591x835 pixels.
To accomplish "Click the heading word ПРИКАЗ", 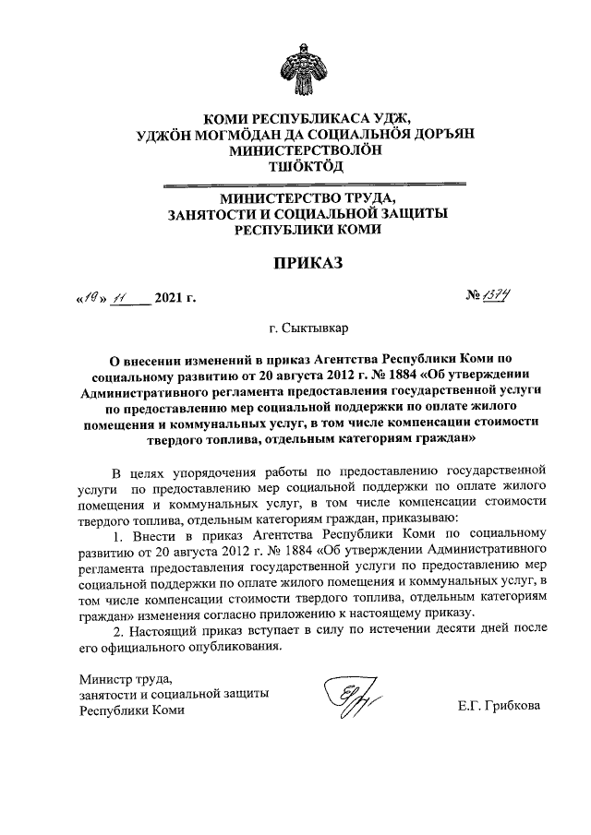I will pyautogui.click(x=306, y=263).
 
